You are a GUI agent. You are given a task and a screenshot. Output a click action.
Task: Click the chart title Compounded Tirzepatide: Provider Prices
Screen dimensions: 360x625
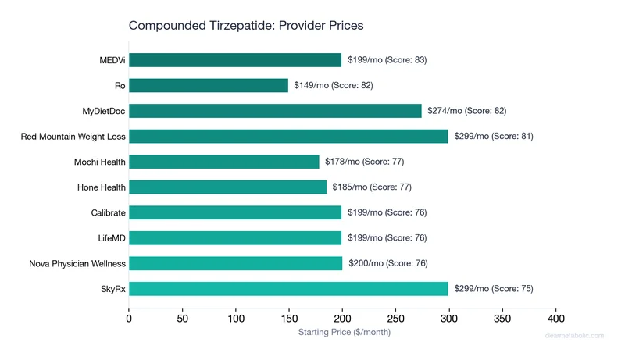tap(246, 26)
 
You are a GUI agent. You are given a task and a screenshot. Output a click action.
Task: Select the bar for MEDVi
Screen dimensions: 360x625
tap(235, 60)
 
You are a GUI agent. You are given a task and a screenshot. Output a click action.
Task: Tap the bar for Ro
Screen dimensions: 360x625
tap(209, 85)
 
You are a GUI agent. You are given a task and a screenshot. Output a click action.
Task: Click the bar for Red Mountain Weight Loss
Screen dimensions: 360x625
tap(288, 136)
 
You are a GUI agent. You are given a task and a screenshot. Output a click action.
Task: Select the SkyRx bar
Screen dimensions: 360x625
tap(288, 288)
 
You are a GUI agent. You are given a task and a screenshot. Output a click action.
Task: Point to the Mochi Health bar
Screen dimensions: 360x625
tap(224, 162)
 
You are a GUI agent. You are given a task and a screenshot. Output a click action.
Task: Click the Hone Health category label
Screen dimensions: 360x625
tap(102, 187)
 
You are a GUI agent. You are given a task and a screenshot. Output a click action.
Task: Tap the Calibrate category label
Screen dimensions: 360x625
tap(109, 212)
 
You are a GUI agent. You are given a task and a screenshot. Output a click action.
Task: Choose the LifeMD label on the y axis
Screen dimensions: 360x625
tap(112, 237)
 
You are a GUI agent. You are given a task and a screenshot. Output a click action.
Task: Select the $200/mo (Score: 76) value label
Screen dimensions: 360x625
tap(388, 263)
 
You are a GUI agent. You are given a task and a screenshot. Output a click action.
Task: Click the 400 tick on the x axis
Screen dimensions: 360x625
tap(556, 318)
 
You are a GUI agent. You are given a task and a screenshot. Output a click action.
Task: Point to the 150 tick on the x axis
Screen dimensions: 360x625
tap(289, 318)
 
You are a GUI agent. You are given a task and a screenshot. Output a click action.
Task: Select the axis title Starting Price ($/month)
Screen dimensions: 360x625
tap(344, 333)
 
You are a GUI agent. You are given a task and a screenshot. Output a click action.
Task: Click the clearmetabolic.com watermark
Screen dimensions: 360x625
tap(574, 336)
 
